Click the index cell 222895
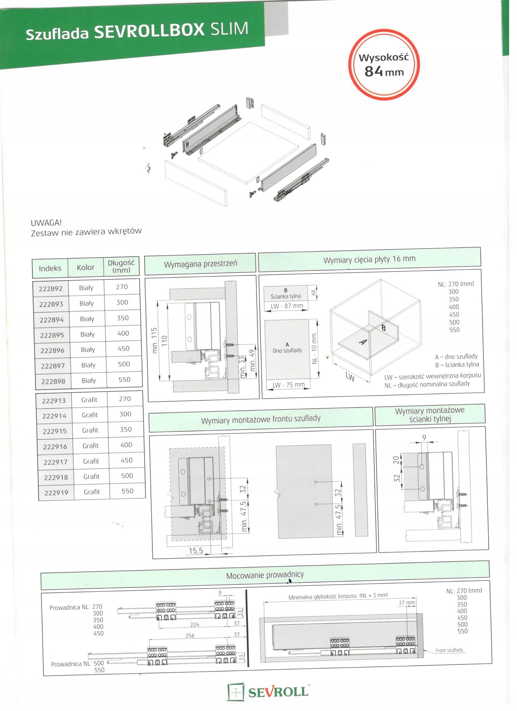52,335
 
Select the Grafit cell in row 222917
91,461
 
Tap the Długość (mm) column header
121,266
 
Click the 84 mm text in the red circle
384,72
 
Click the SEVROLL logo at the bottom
268,692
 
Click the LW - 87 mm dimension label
287,306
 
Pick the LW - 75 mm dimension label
288,385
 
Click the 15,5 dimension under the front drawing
196,551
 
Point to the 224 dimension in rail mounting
194,624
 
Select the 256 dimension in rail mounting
190,636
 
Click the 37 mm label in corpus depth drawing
407,603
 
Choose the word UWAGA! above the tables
46,223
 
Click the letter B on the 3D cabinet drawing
383,328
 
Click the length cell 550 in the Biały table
124,380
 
